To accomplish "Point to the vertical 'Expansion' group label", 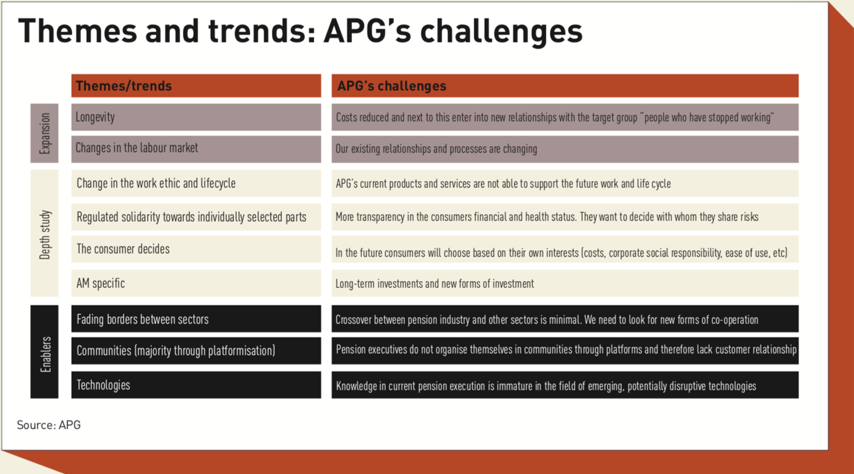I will point(45,133).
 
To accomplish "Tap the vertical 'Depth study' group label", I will point(45,234).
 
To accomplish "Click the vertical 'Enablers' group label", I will point(45,353).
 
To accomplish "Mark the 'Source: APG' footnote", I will point(49,425).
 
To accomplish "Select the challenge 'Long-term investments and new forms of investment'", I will point(435,284).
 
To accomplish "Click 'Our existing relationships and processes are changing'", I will point(436,149).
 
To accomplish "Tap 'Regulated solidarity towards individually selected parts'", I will point(191,217).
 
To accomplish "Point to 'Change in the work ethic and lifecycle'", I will point(156,183).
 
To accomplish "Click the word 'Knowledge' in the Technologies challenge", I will point(357,386).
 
